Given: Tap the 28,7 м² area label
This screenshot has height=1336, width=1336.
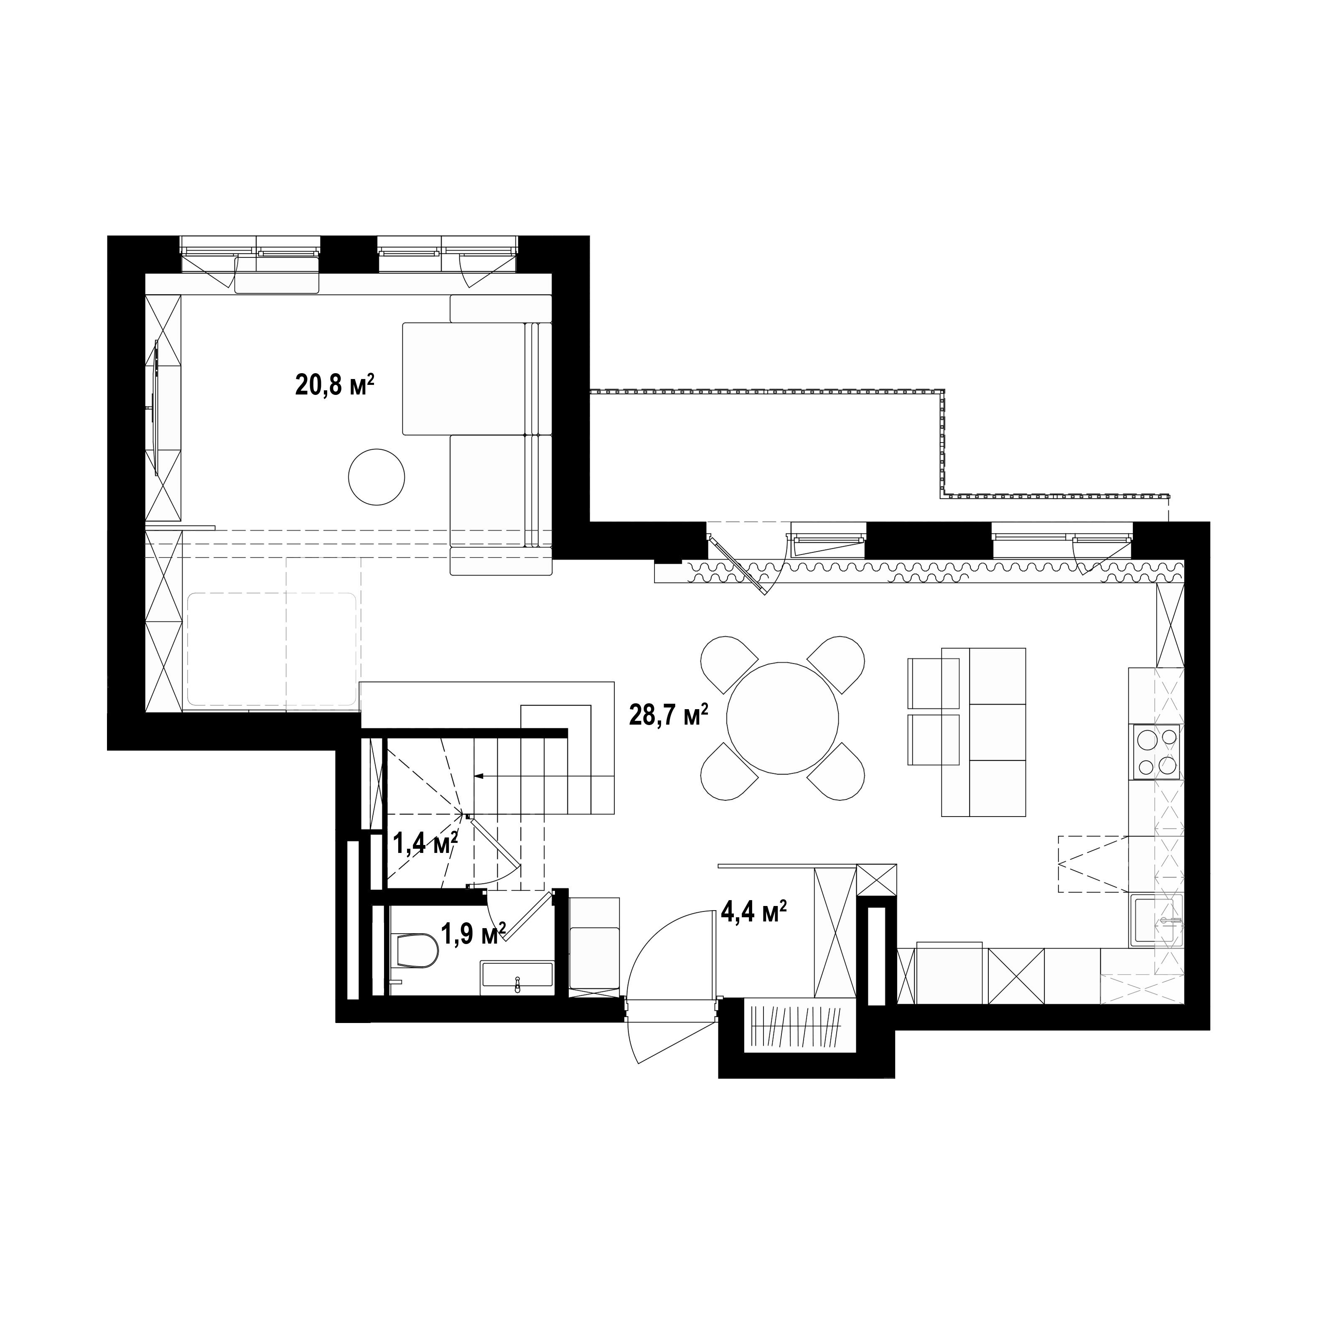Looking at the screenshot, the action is (669, 715).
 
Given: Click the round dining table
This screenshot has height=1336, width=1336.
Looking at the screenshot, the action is (782, 718).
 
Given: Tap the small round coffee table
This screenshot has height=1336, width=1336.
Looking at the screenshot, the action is (376, 477).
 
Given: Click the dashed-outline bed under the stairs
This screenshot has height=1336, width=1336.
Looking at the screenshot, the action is (271, 649).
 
